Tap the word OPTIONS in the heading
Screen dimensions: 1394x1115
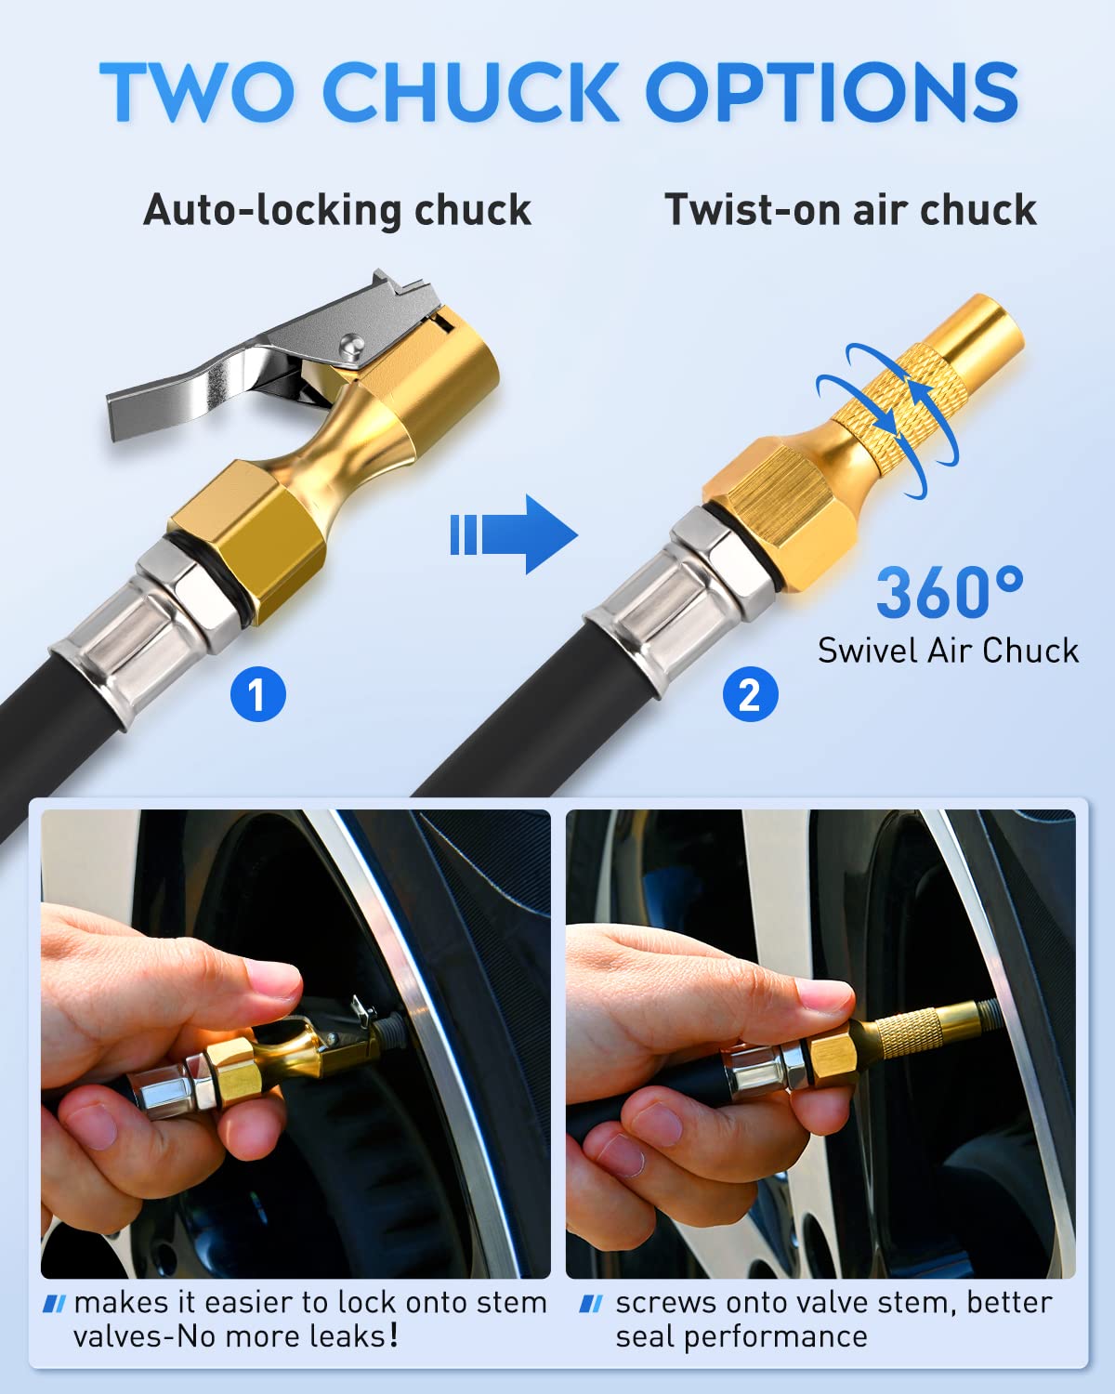tap(832, 92)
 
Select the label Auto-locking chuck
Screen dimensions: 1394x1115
tap(336, 210)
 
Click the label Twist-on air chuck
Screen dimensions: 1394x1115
tap(849, 210)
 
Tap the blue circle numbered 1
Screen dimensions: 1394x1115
tap(257, 694)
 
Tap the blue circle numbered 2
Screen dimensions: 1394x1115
tap(749, 694)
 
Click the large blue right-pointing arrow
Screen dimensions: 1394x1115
tap(516, 534)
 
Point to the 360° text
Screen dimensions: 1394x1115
tap(949, 593)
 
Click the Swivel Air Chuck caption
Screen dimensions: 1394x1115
tap(948, 651)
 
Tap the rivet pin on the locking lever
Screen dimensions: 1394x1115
tap(350, 344)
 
